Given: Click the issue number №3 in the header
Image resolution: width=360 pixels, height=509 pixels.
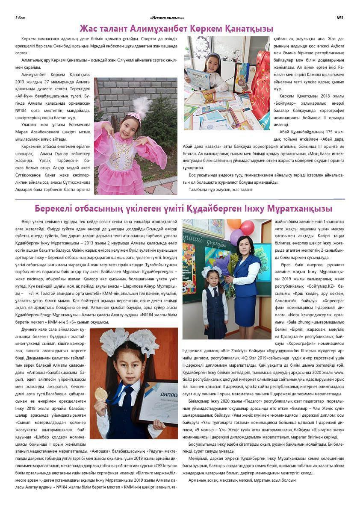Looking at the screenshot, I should (x=340, y=18).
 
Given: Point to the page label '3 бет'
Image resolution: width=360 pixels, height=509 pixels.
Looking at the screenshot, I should (x=20, y=18).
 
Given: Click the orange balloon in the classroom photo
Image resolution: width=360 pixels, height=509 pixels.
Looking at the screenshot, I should (x=234, y=224).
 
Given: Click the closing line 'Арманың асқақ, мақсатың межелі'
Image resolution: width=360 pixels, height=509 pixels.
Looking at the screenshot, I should (x=225, y=480).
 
